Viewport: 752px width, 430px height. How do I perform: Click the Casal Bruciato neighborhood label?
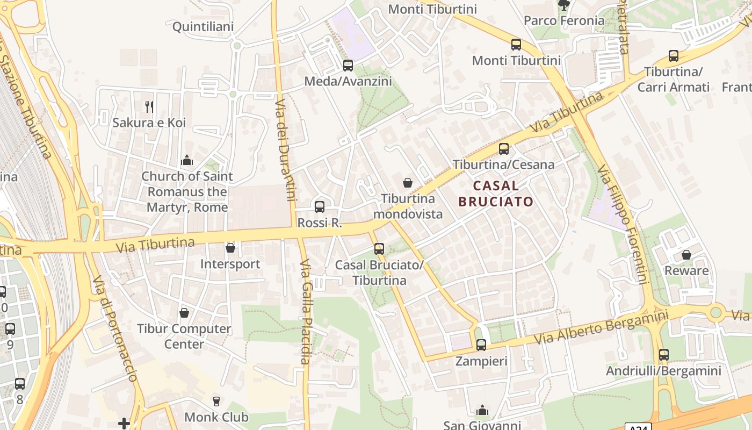496,194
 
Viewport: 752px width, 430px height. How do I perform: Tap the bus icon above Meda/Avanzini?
348,66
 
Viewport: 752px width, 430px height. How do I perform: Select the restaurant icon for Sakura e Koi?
149,107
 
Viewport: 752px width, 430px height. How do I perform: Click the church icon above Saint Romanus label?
187,160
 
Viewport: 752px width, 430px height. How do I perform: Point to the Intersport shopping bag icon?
230,248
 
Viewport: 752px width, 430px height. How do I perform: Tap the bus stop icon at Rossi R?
320,206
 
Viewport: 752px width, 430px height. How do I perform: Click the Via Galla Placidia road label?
305,312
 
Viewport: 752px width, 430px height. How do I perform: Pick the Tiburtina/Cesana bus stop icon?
504,149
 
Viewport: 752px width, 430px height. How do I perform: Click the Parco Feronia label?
564,21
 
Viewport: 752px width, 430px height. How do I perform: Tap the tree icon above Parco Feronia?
564,5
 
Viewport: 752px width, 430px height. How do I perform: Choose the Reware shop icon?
686,255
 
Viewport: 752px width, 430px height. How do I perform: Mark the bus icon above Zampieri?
481,345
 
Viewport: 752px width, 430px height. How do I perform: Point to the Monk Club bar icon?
216,402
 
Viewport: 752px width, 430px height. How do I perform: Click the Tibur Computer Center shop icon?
184,313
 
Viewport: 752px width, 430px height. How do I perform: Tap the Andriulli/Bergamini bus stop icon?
664,355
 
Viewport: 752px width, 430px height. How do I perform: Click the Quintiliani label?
203,27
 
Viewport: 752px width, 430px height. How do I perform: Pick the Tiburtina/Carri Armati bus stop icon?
674,56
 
